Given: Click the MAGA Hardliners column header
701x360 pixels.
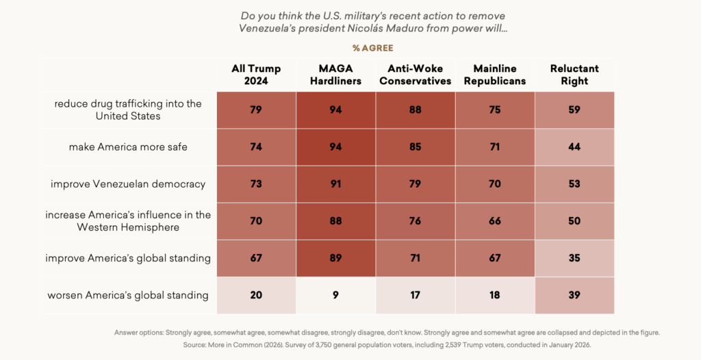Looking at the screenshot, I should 335,75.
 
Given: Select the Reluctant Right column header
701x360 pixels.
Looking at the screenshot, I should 574,75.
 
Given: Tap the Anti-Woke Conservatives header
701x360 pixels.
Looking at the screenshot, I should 415,75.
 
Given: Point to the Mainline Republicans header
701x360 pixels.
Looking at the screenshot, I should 495,75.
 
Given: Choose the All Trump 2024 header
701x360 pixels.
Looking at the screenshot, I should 256,75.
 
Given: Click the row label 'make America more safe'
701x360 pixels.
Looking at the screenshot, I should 128,147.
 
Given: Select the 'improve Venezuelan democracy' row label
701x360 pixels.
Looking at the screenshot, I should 128,184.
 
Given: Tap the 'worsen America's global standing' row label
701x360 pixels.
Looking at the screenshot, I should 128,295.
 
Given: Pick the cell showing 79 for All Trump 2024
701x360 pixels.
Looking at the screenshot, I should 256,110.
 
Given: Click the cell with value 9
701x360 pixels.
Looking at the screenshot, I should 335,295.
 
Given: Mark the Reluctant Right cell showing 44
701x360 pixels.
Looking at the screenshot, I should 574,147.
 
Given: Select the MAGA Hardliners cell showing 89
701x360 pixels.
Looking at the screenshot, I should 335,258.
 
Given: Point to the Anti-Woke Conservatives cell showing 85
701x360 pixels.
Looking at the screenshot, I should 415,147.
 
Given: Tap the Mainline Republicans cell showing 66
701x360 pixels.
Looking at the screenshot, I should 495,221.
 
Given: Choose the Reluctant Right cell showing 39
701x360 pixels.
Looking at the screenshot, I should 574,295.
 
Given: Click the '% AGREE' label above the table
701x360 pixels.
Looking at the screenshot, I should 373,48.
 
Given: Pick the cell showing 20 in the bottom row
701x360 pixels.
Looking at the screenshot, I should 256,295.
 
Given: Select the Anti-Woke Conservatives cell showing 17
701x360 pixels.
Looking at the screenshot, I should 415,295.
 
